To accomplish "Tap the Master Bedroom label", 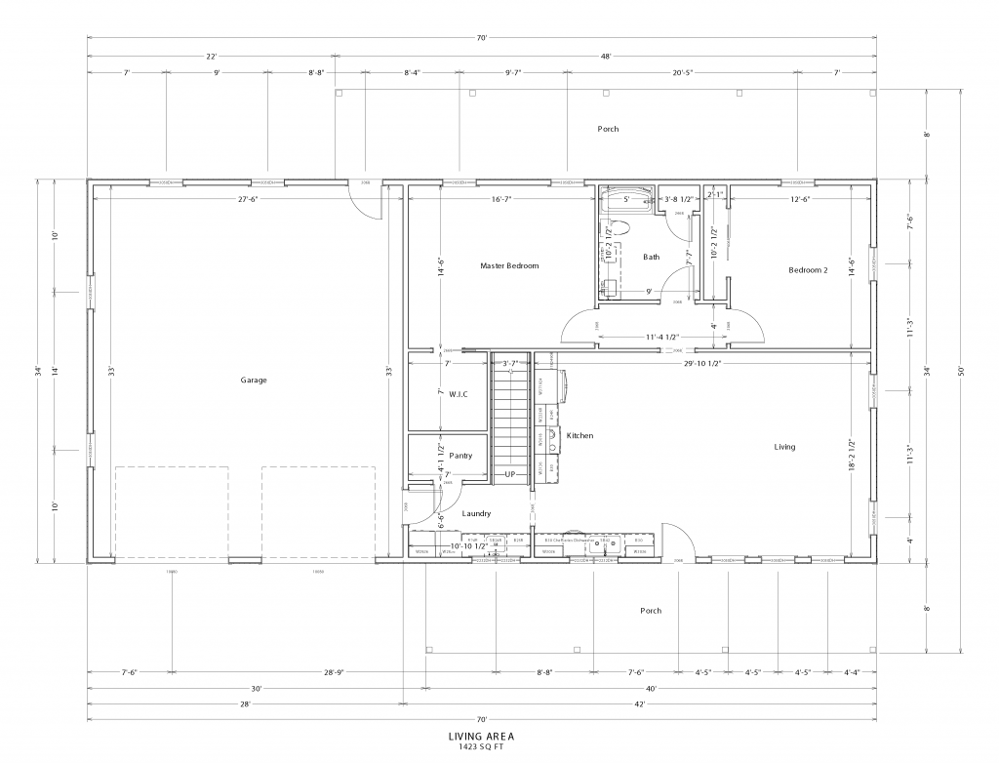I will (509, 265).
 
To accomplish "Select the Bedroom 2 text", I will (808, 269).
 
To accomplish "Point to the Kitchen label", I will (579, 435).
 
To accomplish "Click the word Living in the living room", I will (784, 447).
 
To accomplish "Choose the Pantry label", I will (460, 456).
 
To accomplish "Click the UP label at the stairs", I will (509, 474).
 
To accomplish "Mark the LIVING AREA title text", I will (480, 737).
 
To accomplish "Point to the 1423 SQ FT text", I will (480, 747).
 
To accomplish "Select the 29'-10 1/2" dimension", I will (702, 363).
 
